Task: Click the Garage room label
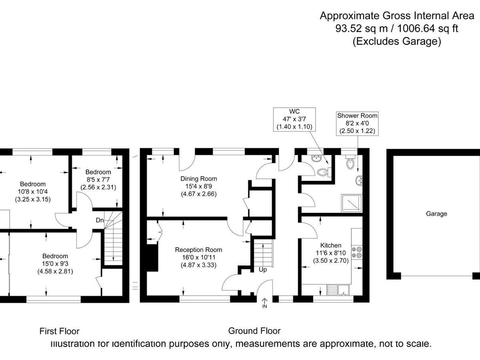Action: click(436, 214)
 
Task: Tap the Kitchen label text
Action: click(331, 245)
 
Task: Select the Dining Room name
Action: click(198, 178)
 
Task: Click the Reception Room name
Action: click(198, 250)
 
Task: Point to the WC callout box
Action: click(294, 119)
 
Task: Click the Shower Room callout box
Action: click(357, 123)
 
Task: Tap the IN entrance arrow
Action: click(265, 303)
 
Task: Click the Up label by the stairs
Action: click(263, 270)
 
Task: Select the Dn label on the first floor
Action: click(100, 220)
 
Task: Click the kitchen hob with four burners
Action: click(357, 252)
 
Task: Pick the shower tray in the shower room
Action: click(352, 204)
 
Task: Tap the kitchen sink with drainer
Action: click(338, 290)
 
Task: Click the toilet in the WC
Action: click(324, 172)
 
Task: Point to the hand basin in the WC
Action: click(316, 158)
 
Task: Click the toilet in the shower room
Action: click(350, 162)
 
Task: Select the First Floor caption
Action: click(59, 331)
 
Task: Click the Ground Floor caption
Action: click(254, 331)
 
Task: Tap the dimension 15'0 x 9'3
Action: click(55, 264)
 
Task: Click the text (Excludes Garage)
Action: click(397, 41)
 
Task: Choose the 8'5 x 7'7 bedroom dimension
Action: click(98, 180)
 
